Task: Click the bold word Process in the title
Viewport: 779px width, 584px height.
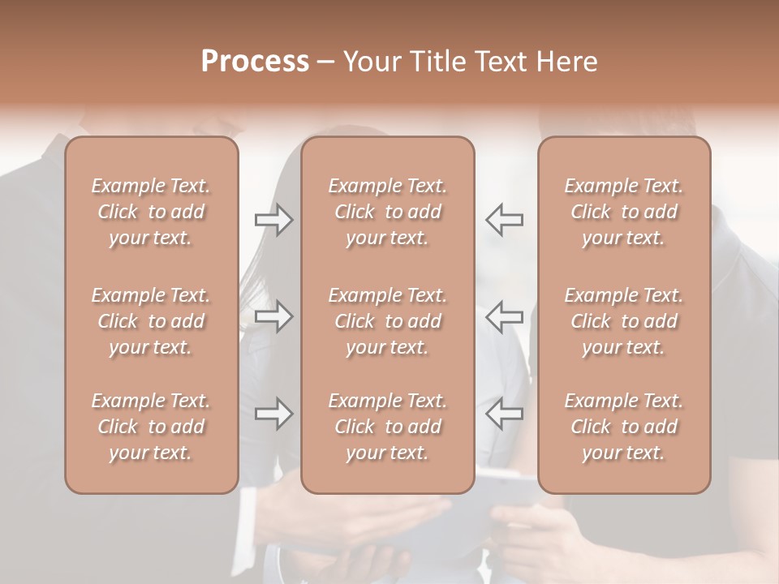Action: tap(255, 62)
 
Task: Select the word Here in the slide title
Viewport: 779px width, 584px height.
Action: tap(566, 62)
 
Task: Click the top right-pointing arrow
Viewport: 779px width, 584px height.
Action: tap(273, 220)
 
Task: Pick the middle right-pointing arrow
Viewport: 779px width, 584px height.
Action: tap(273, 316)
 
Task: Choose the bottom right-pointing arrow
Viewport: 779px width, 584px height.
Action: tap(273, 414)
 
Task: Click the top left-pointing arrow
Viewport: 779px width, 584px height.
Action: tap(504, 220)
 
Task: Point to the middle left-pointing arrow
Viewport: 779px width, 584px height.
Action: tap(504, 316)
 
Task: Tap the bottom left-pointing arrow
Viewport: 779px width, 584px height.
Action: tap(504, 414)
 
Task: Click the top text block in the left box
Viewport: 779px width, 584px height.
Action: tap(151, 212)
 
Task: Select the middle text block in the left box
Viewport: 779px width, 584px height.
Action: tap(151, 321)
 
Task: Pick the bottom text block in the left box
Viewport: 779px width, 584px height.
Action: tap(151, 427)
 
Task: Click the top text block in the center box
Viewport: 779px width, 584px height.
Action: tap(388, 212)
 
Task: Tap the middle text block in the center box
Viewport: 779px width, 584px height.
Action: tap(388, 321)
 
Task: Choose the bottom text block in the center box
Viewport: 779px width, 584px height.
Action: tap(388, 427)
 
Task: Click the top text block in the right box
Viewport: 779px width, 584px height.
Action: tap(624, 212)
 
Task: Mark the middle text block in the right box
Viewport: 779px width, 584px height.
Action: tap(624, 321)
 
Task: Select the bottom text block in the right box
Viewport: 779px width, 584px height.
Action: tap(624, 427)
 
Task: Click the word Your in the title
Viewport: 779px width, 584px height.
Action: tap(371, 62)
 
